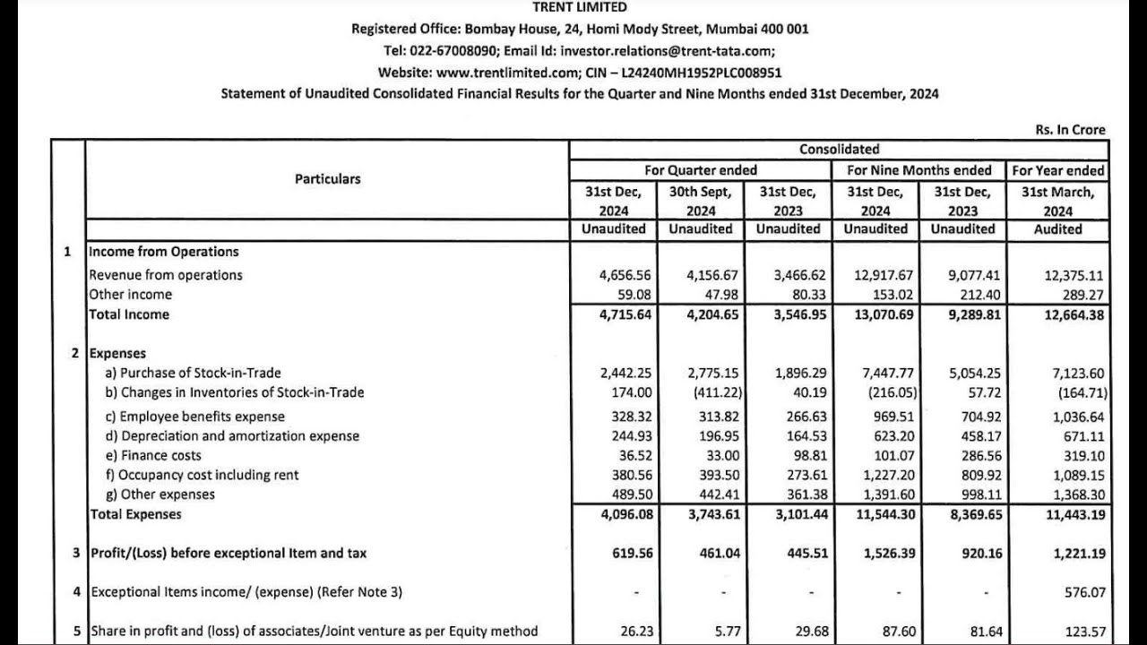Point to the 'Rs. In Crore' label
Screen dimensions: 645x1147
[x=1070, y=130]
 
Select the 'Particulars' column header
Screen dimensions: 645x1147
[x=327, y=179]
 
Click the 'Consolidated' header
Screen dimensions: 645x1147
[x=839, y=150]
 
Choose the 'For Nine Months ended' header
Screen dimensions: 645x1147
[x=919, y=170]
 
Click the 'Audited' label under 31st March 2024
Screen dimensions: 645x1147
[x=1058, y=229]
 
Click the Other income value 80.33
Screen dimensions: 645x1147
[x=800, y=295]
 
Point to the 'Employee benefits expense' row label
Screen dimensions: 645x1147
[x=202, y=417]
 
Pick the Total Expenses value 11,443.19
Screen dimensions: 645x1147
[x=1074, y=514]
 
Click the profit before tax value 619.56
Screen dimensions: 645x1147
[x=633, y=554]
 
